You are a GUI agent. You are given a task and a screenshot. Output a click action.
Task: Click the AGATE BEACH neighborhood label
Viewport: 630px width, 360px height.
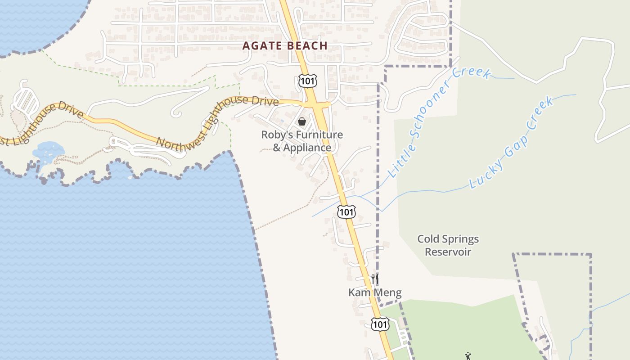[285, 45]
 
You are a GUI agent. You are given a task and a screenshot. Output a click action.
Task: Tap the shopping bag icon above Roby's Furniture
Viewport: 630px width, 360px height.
[302, 121]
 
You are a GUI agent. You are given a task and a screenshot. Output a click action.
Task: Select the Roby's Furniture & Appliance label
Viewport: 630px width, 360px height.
[302, 141]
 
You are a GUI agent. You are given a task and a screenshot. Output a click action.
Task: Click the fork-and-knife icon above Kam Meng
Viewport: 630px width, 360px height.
[375, 279]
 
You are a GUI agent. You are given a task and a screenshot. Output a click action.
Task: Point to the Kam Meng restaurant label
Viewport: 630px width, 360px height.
[375, 292]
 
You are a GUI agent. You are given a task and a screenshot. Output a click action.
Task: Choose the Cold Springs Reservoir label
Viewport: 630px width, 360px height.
[448, 245]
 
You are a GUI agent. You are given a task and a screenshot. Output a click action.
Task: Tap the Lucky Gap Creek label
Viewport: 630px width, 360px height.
[511, 143]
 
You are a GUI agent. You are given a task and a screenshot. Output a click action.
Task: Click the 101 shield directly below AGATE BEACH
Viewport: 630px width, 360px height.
[308, 81]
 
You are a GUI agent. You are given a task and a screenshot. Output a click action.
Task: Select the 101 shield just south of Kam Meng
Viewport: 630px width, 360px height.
[380, 324]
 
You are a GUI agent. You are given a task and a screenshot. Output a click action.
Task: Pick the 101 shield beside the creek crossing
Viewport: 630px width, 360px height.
[346, 211]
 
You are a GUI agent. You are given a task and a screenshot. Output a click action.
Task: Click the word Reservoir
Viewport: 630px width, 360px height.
[448, 252]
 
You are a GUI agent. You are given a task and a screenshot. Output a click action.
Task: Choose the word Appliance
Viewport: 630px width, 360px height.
[307, 148]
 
